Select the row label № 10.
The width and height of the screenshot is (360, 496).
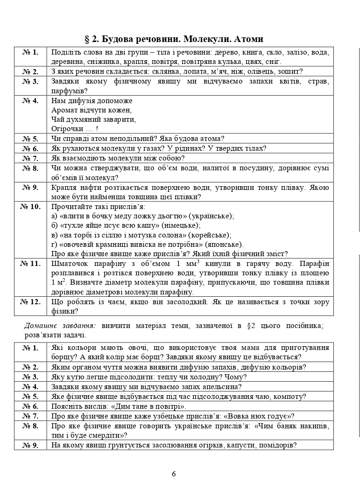pyautogui.click(x=30, y=206)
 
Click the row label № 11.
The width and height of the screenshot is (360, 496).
pyautogui.click(x=30, y=264)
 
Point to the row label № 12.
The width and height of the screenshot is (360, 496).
pyautogui.click(x=30, y=302)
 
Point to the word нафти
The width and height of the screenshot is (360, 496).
pyautogui.click(x=91, y=187)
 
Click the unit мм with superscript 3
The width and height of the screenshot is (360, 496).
pyautogui.click(x=183, y=264)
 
